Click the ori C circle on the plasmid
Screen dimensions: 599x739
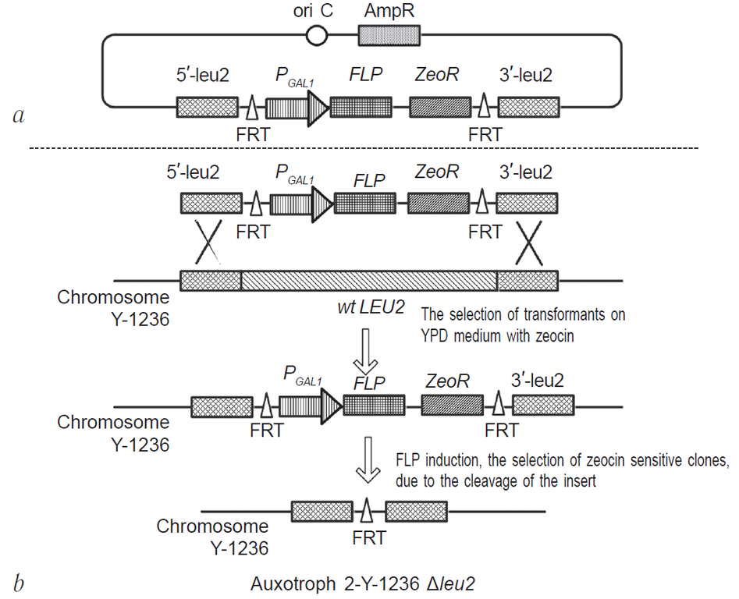point(316,35)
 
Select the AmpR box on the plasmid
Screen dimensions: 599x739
point(389,35)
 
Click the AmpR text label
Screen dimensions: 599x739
point(389,12)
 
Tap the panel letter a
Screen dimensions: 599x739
point(18,115)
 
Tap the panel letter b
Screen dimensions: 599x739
point(17,581)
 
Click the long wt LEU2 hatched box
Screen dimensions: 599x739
point(369,281)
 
